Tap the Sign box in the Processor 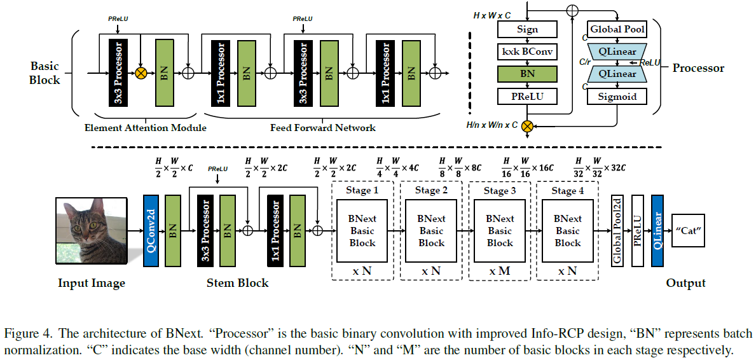coord(527,29)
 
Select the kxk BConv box coord(527,52)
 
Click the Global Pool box coord(617,29)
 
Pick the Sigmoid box coord(617,96)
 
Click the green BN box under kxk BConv coord(527,74)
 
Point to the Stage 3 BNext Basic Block coord(500,230)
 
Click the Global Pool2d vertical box coord(617,230)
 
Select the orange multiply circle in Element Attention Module coord(141,73)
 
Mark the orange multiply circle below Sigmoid coord(526,126)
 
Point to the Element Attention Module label coord(146,128)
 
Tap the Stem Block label coord(238,283)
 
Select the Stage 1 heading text coord(362,190)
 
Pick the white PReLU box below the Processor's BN coord(527,96)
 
